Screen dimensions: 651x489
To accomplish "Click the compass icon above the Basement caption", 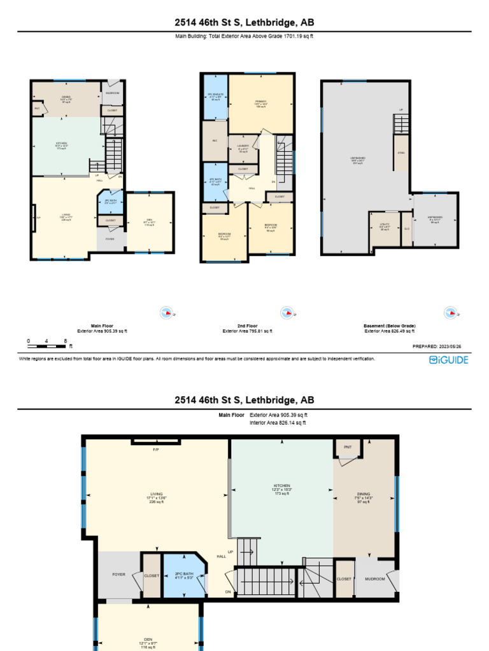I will click(451, 312).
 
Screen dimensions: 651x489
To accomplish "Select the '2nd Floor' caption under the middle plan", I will click(248, 325).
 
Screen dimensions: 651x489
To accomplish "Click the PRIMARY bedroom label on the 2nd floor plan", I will click(260, 103).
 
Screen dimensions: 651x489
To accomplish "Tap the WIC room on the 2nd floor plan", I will click(214, 140).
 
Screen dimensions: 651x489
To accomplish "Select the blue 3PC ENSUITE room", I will click(215, 98).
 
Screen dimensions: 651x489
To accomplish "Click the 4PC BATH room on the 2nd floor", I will click(215, 182).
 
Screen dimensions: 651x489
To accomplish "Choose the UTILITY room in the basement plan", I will click(384, 228).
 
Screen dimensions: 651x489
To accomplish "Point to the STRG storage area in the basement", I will click(401, 153).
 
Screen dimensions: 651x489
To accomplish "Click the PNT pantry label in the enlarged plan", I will click(348, 447).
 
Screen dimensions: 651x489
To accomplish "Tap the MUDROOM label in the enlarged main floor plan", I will click(374, 579).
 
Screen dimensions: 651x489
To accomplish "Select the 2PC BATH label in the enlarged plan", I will click(183, 575).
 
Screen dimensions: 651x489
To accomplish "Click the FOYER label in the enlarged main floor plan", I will click(118, 574).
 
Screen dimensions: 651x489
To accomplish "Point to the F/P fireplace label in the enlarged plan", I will click(155, 449).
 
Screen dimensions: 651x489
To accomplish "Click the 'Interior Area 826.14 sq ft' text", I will click(278, 422).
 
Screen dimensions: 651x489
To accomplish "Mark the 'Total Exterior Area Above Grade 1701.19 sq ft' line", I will click(244, 36).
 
